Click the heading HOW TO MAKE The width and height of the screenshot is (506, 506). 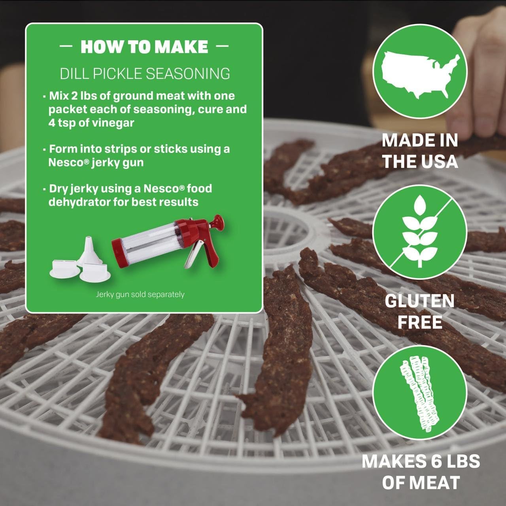click(x=144, y=47)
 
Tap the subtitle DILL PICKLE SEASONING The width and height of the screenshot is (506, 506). click(x=145, y=74)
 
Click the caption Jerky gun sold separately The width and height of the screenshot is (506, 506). click(x=140, y=295)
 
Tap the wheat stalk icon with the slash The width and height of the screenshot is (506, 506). click(x=419, y=232)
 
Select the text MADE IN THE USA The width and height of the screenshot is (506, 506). click(x=420, y=151)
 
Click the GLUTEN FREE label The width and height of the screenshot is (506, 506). click(x=419, y=312)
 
